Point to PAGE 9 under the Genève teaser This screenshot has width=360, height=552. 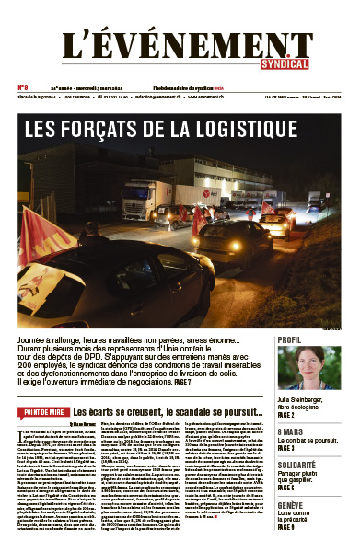pyautogui.click(x=287, y=527)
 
